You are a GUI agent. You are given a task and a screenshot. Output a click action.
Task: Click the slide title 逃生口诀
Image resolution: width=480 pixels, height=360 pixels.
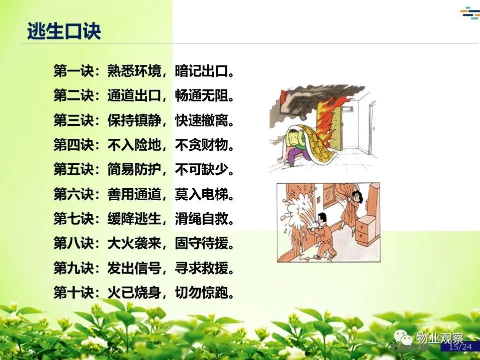click(x=64, y=31)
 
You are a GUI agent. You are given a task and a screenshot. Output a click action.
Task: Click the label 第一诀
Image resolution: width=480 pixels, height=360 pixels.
click(x=73, y=71)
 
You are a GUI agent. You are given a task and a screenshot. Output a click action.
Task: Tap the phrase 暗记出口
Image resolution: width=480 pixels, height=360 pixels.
click(x=202, y=71)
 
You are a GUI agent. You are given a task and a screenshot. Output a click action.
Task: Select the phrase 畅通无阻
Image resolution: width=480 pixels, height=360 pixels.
click(x=202, y=95)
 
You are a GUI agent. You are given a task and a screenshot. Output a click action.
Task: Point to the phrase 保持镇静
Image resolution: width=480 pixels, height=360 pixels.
click(x=134, y=120)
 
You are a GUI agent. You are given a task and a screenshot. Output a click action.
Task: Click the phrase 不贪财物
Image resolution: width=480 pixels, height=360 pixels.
click(x=202, y=144)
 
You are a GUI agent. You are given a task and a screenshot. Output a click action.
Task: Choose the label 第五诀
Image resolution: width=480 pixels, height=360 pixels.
click(x=73, y=169)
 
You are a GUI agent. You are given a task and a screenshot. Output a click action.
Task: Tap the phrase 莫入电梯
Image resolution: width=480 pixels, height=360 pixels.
click(x=202, y=194)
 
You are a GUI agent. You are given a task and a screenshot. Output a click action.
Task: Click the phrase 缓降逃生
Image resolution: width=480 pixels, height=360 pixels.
click(x=134, y=219)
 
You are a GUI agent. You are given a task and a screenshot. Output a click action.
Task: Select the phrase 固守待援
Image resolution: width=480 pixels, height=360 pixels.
click(x=202, y=243)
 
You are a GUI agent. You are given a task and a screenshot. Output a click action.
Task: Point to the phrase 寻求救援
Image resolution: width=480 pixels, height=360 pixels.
click(x=202, y=268)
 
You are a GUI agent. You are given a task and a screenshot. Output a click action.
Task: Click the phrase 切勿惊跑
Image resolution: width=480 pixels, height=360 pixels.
click(x=202, y=293)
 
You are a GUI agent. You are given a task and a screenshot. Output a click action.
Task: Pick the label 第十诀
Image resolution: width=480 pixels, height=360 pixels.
click(x=73, y=293)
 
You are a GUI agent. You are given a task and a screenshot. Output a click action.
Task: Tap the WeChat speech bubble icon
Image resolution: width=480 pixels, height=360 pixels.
click(x=403, y=338)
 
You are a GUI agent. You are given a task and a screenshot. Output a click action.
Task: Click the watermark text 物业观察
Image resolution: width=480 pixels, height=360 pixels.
click(x=440, y=338)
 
